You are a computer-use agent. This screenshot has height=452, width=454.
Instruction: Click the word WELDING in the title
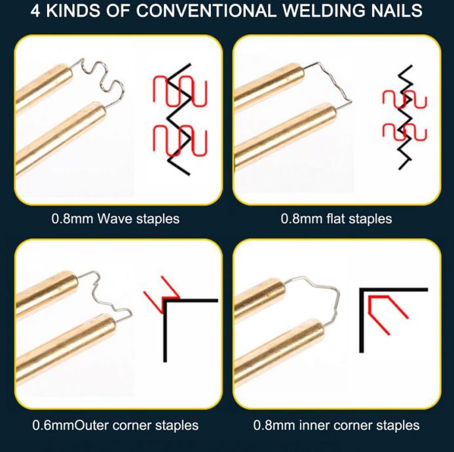[x=324, y=10]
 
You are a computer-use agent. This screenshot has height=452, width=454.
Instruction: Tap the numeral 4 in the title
[x=35, y=10]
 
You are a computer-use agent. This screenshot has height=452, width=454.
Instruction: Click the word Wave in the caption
[x=114, y=219]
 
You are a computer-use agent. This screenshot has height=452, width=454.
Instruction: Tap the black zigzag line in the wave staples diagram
[x=180, y=119]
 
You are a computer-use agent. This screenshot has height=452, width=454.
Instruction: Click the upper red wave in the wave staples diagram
[x=180, y=91]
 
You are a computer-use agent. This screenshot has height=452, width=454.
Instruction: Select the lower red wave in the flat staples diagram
[x=404, y=132]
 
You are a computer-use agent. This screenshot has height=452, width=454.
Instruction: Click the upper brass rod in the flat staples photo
[x=269, y=84]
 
